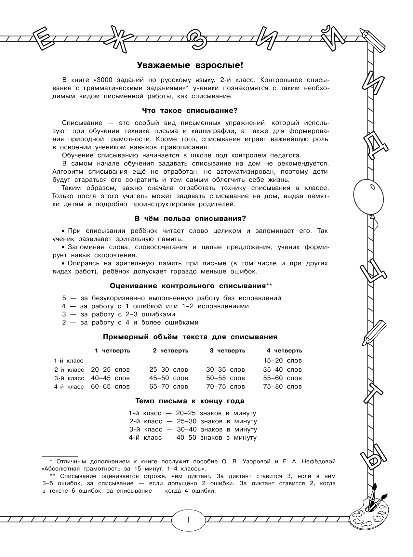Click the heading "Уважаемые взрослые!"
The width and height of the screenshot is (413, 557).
[x=190, y=65]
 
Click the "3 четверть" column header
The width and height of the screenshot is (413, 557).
[x=227, y=351]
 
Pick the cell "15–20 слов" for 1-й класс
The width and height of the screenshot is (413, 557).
[x=282, y=360]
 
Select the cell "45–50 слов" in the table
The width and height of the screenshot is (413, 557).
[x=168, y=378]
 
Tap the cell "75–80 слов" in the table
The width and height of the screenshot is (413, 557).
[x=282, y=386]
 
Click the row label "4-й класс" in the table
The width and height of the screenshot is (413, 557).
[x=69, y=387]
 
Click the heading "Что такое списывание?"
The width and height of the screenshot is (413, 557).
[x=190, y=111]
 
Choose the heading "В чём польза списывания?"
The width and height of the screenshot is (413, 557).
[x=190, y=219]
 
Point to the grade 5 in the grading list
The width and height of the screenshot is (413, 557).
[x=64, y=298]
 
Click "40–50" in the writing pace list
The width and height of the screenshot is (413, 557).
[x=186, y=437]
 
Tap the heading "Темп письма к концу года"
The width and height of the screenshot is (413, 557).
[x=190, y=401]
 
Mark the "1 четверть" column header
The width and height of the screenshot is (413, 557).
[x=113, y=351]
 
